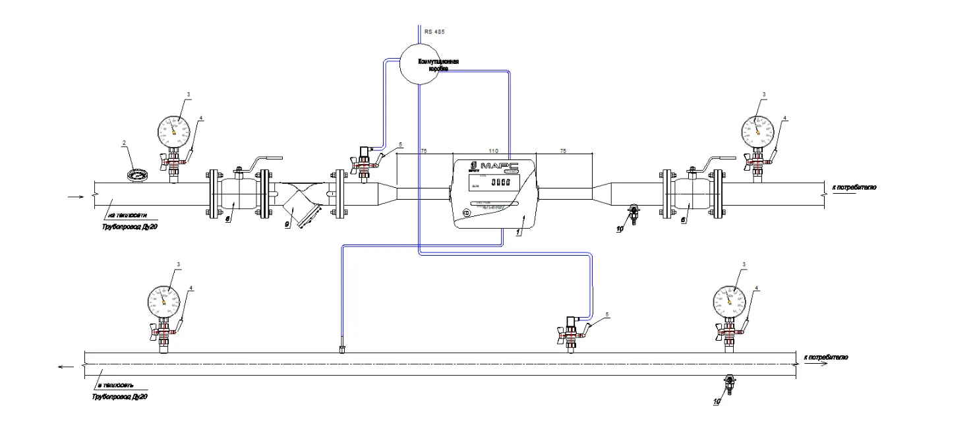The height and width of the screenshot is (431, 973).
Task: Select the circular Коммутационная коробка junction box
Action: [x=420, y=64]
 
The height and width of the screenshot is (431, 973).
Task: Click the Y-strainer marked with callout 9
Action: [x=300, y=207]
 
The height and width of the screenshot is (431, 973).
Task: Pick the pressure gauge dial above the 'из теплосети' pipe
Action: [x=173, y=131]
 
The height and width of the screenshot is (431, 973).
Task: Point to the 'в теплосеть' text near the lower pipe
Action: [x=116, y=386]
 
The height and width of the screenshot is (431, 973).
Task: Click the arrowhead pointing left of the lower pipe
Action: [x=61, y=368]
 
